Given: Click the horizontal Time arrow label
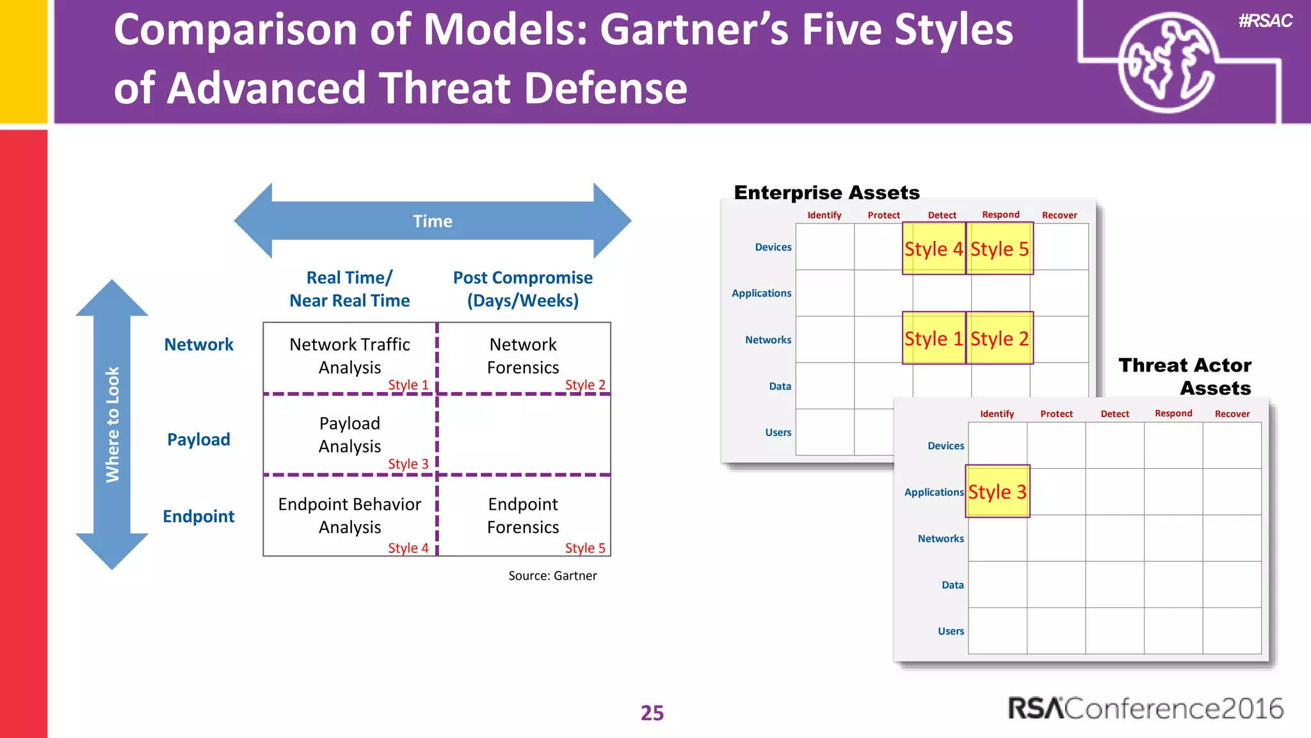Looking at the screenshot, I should (x=432, y=221).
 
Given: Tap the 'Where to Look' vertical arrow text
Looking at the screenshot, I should (x=113, y=424).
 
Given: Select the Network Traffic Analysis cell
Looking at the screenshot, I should (x=350, y=356).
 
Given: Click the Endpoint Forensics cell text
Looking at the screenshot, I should (x=522, y=515).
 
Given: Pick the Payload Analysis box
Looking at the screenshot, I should (x=350, y=435).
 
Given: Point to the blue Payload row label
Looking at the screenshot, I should (x=198, y=439).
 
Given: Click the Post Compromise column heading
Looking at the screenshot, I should (x=522, y=289).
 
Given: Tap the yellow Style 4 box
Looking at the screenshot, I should (x=933, y=249).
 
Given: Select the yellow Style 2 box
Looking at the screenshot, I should (x=999, y=338).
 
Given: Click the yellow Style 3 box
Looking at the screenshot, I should (x=997, y=491).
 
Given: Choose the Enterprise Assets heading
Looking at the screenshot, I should (x=826, y=192).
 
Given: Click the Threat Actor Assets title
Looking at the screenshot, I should (x=1186, y=376).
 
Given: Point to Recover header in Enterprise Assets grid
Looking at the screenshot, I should (x=1059, y=215).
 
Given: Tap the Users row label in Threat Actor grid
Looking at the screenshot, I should (x=951, y=631).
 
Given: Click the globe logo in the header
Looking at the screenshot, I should (x=1166, y=62).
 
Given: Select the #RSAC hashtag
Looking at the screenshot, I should (x=1265, y=21).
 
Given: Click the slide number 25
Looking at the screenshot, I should (x=652, y=712).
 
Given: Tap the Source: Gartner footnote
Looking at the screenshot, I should (x=552, y=575).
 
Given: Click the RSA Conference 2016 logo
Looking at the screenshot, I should (x=1145, y=709).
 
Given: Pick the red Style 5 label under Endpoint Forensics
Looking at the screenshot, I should (x=584, y=548).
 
